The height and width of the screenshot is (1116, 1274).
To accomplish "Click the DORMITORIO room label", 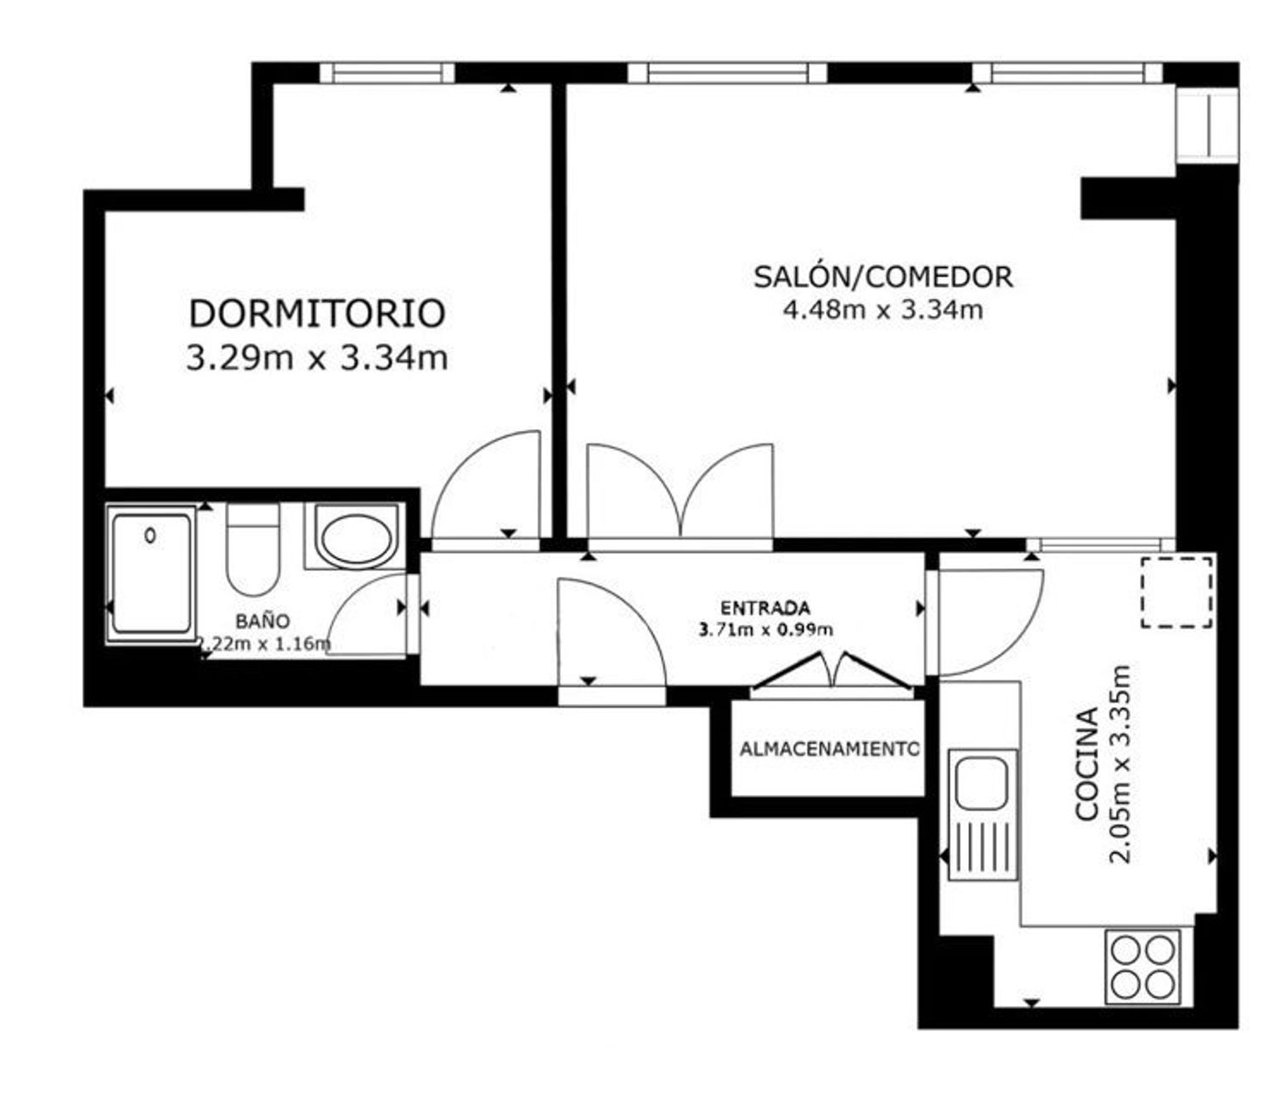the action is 317,313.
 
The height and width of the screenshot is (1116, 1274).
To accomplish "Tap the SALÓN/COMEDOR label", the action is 882,277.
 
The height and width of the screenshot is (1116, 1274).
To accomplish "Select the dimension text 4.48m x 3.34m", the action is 882,310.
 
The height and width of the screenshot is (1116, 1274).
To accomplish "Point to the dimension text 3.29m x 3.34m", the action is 317,358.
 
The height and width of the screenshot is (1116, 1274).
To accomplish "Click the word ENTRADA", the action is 764,608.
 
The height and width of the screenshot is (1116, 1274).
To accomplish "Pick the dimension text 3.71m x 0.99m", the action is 766,629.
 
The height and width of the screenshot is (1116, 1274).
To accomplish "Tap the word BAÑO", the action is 262,621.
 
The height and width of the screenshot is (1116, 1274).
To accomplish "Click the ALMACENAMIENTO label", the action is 830,749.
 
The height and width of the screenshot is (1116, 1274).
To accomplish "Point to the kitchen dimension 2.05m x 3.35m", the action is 1120,764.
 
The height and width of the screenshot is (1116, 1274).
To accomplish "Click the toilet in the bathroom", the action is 253,549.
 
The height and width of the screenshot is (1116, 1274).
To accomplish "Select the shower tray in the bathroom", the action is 151,574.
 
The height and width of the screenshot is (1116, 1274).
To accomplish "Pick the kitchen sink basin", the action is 981,783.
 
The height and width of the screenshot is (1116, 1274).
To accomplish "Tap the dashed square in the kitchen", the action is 1176,592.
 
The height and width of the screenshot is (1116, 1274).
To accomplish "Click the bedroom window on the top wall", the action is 386,72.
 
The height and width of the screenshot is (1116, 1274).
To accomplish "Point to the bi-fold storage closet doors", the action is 831,672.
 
